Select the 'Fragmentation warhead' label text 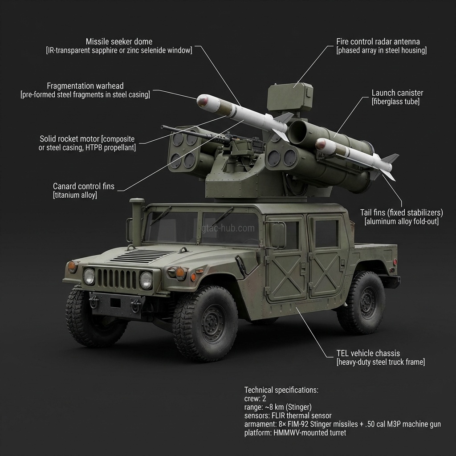[85, 85]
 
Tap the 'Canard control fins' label [83, 186]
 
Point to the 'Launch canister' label [397, 93]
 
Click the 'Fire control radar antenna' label [378, 41]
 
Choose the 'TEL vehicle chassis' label [368, 354]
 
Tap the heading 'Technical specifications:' [281, 390]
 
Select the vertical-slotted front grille [117, 279]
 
